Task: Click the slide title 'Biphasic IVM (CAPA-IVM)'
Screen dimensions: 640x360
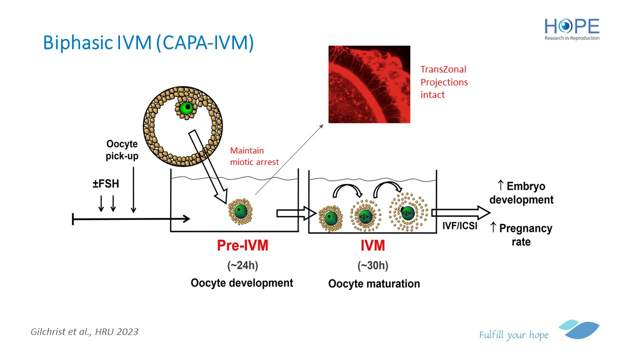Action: tap(148, 43)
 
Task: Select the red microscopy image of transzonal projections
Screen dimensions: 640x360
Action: tap(369, 84)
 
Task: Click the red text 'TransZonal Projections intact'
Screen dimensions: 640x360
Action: tap(444, 82)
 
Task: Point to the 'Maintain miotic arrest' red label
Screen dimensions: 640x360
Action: tap(254, 156)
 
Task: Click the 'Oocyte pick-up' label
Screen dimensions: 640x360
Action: tap(122, 150)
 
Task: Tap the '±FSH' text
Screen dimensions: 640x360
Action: tap(105, 183)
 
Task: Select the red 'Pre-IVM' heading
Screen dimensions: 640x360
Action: tap(242, 245)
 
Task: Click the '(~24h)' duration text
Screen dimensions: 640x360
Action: tap(242, 265)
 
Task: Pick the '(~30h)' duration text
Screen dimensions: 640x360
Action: tap(373, 265)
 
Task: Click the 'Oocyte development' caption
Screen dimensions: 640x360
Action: tap(241, 283)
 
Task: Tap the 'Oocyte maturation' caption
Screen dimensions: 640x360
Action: tap(374, 283)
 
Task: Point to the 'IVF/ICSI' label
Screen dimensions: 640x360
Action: tap(459, 226)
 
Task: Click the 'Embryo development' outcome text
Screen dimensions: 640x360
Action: tap(521, 193)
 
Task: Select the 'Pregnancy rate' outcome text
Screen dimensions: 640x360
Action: tap(521, 235)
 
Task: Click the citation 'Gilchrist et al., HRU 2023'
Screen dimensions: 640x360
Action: tap(84, 331)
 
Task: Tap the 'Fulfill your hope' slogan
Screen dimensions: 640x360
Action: tap(513, 335)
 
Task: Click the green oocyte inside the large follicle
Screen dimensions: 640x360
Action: tap(186, 107)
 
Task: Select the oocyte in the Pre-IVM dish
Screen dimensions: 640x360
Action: tap(240, 211)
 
